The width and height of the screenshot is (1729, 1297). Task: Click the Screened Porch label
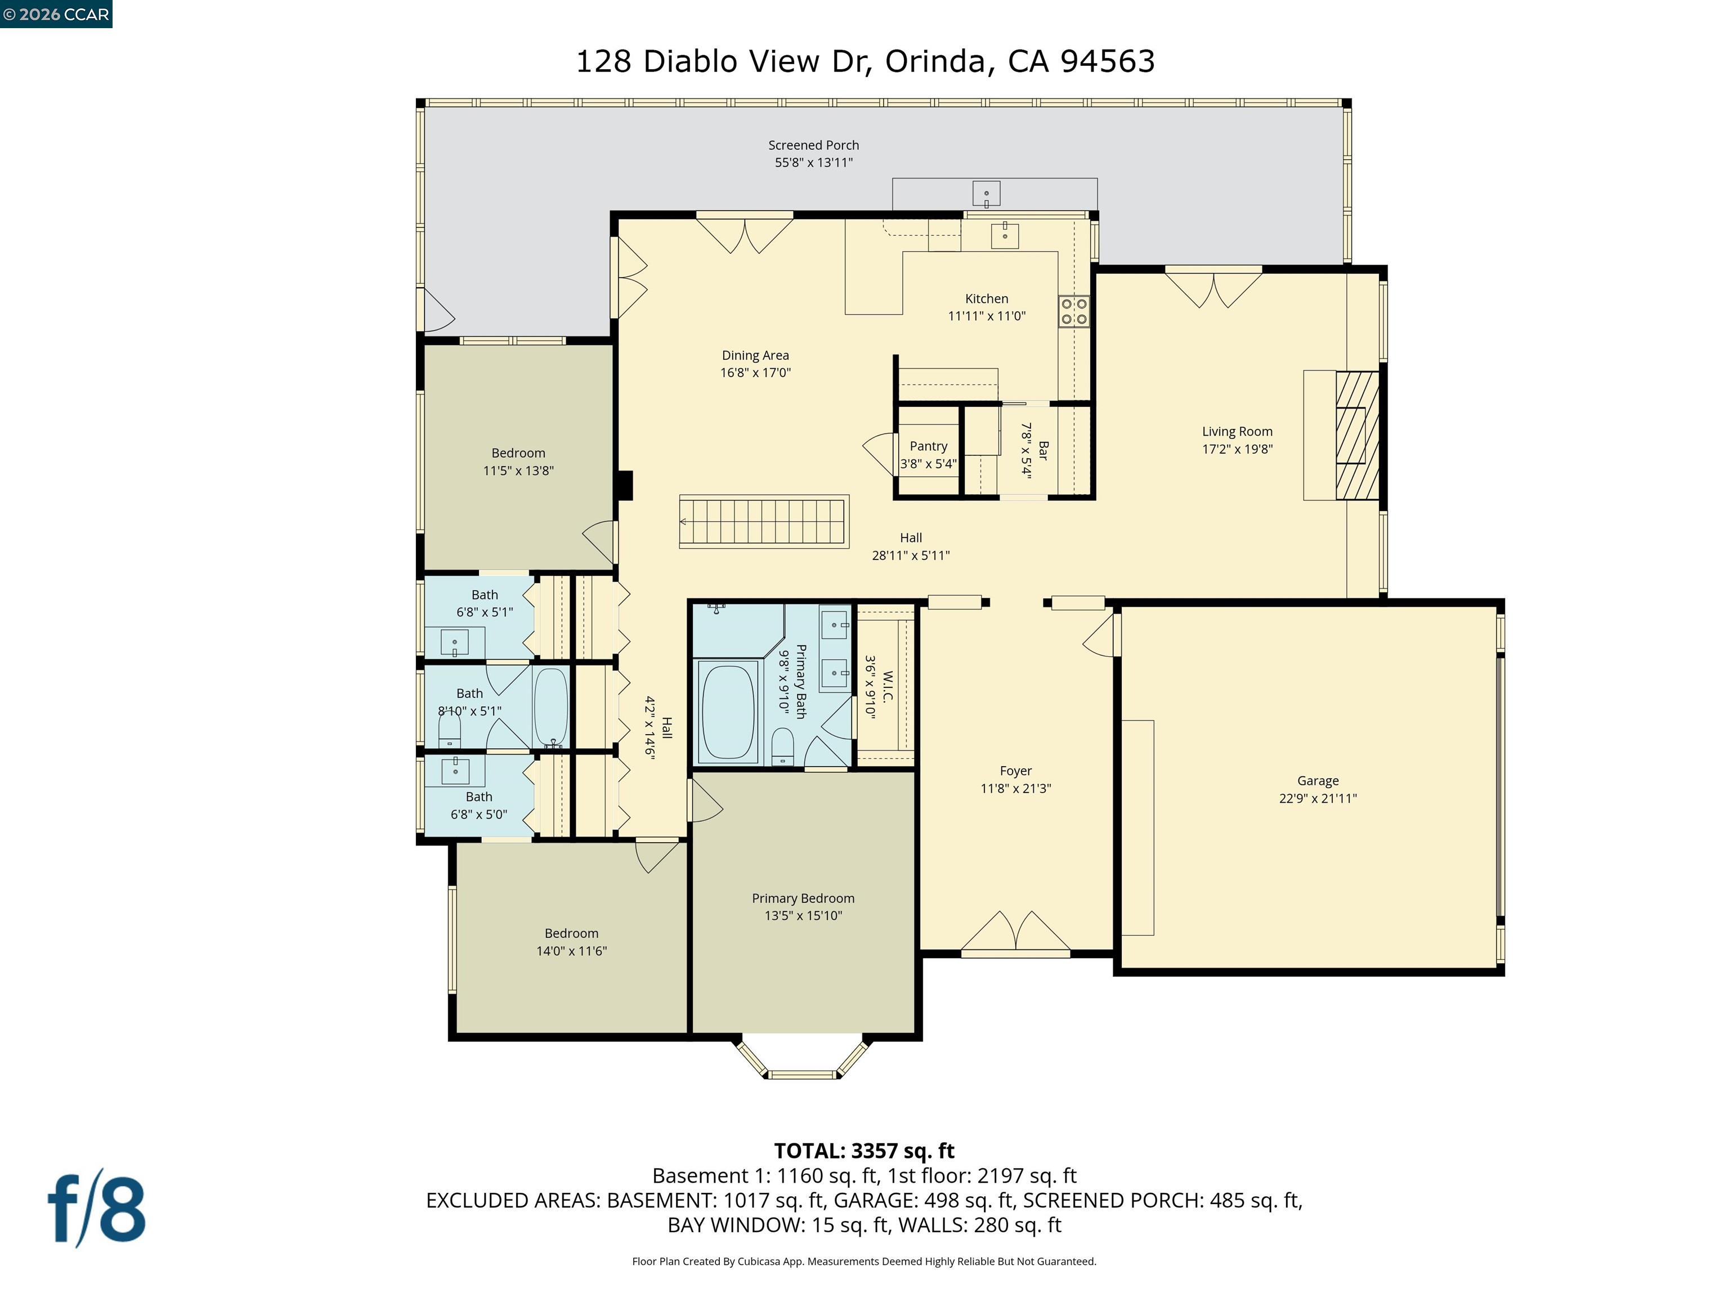coord(813,145)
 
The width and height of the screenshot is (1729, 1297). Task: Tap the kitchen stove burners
coord(1073,311)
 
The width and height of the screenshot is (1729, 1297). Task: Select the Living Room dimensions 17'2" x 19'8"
coord(1237,449)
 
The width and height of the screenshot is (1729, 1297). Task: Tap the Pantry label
coord(928,446)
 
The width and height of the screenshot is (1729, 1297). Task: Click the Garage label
coord(1317,780)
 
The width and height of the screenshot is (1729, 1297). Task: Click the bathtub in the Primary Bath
coord(728,712)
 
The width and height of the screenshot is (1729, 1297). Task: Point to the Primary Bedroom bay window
coord(803,1060)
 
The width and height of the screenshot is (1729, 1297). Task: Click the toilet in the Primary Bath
coord(782,746)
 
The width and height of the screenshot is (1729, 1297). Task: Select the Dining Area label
coord(755,355)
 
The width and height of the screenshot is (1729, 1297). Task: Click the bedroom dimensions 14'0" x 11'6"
coord(571,951)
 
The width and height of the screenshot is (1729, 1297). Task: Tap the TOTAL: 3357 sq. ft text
coord(864,1151)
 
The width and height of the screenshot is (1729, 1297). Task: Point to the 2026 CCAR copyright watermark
coord(56,14)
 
